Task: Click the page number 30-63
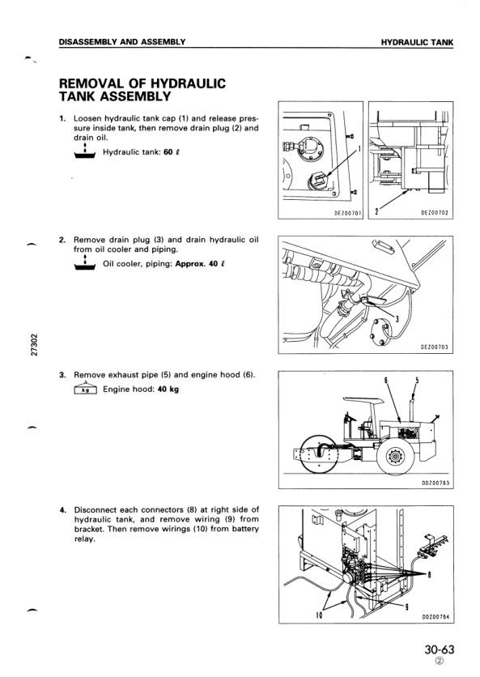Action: (x=439, y=649)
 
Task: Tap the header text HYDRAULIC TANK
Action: (x=417, y=42)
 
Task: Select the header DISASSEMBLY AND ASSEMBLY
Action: (x=121, y=42)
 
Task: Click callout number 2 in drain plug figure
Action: (x=377, y=211)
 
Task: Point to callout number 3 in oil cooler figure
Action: (x=397, y=320)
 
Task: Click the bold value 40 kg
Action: (x=168, y=389)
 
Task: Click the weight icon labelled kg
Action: (x=86, y=389)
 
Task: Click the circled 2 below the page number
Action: (x=439, y=661)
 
